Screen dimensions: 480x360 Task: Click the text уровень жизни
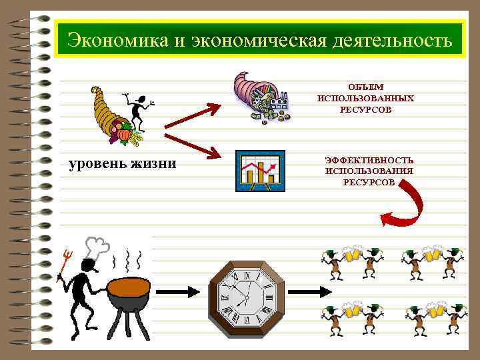pyautogui.click(x=123, y=163)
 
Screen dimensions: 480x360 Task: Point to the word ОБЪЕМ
pyautogui.click(x=365, y=87)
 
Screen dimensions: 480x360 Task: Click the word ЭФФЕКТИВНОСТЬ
pyautogui.click(x=369, y=160)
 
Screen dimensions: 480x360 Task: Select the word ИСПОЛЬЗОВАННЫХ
pyautogui.click(x=365, y=98)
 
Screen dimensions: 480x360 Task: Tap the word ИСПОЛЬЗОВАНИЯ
pyautogui.click(x=369, y=171)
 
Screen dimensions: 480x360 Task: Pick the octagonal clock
pyautogui.click(x=247, y=292)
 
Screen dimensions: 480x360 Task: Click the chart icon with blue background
pyautogui.click(x=260, y=171)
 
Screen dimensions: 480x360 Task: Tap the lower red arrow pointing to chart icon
pyautogui.click(x=193, y=145)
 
